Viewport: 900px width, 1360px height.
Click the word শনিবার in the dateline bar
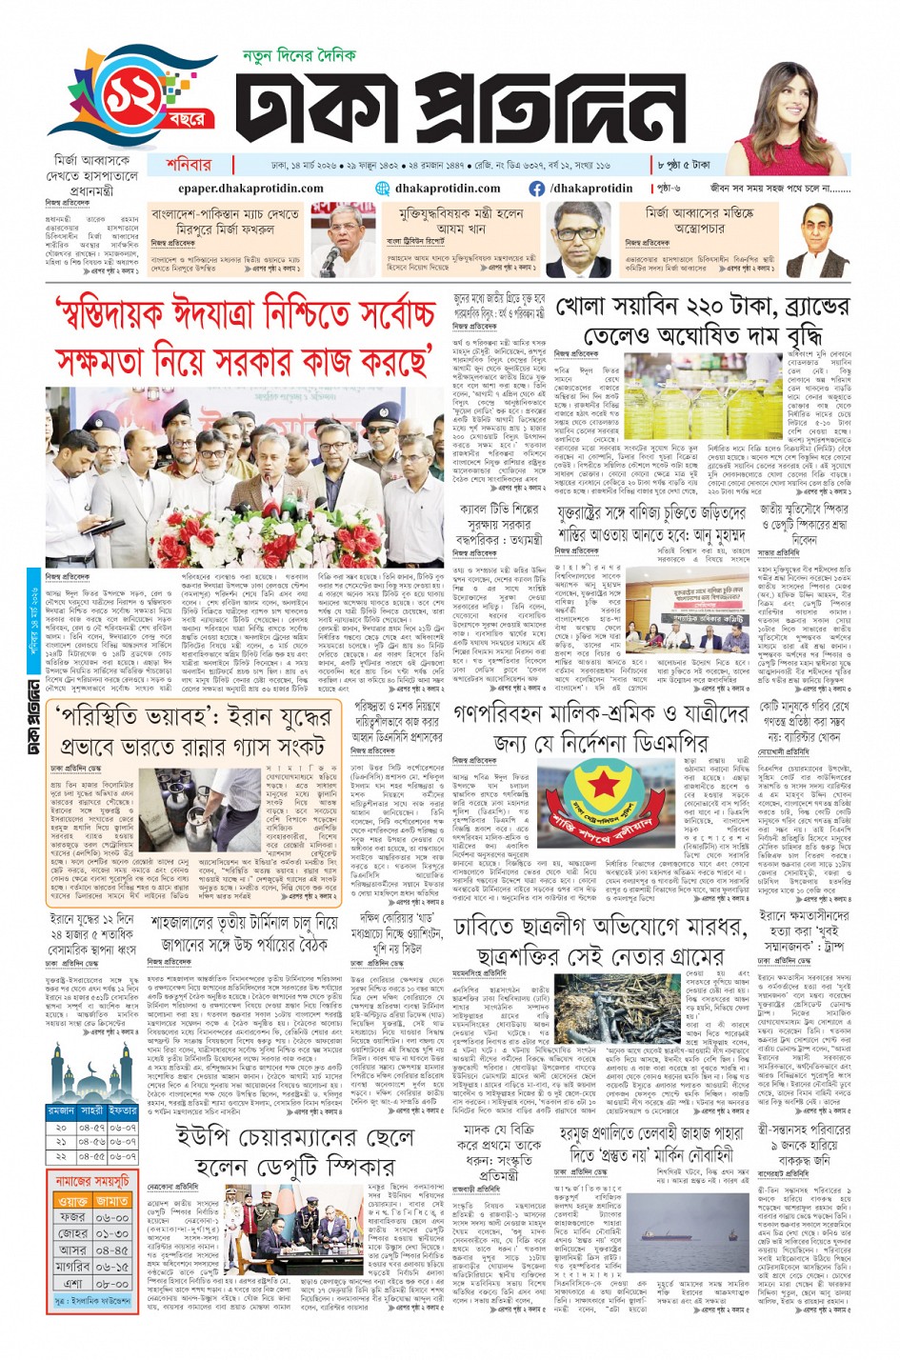[x=189, y=165]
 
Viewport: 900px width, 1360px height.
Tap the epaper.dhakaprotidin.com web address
[x=250, y=189]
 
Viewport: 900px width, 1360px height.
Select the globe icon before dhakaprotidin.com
[x=383, y=189]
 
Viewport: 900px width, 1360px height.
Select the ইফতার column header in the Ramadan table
[x=122, y=1110]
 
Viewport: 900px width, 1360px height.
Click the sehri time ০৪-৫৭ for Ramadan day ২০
[x=91, y=1128]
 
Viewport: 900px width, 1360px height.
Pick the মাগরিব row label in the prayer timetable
[x=72, y=1267]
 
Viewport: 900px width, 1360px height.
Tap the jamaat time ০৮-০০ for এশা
[x=112, y=1284]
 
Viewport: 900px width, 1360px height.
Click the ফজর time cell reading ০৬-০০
[x=112, y=1217]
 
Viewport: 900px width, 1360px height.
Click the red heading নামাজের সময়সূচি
[x=92, y=1181]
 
